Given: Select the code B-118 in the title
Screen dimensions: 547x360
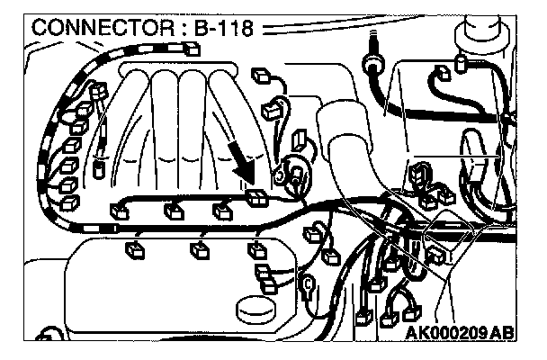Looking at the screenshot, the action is click(x=221, y=26).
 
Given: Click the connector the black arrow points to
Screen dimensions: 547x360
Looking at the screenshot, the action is click(x=256, y=199).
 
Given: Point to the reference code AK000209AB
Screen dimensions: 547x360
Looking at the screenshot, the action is click(x=460, y=332).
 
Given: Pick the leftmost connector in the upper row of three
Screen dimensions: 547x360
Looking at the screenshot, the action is click(x=119, y=211).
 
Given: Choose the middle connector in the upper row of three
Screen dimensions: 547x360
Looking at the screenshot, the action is click(x=172, y=211).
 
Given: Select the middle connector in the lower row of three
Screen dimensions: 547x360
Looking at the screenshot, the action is click(x=197, y=249).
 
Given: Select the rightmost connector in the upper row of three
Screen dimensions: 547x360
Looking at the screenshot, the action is click(x=222, y=211).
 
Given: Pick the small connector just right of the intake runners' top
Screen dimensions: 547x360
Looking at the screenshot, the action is click(x=262, y=76).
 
